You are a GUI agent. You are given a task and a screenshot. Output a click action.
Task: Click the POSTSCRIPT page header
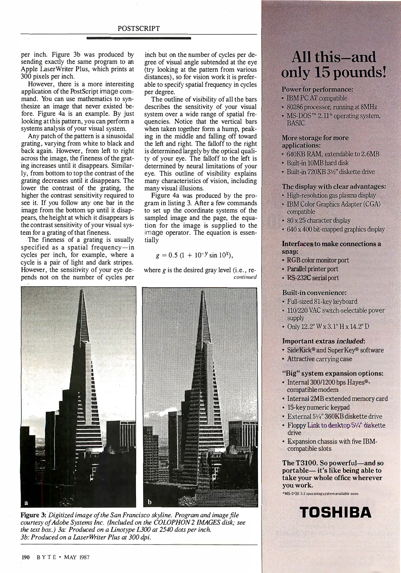pyautogui.click(x=139, y=29)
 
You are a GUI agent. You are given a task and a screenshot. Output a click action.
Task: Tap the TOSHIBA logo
pyautogui.click(x=336, y=512)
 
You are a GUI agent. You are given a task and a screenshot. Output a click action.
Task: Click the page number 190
pyautogui.click(x=25, y=557)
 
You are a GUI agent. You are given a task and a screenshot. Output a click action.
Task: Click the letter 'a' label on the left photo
pyautogui.click(x=26, y=502)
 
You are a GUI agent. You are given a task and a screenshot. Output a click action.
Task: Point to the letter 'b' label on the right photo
pyautogui.click(x=149, y=502)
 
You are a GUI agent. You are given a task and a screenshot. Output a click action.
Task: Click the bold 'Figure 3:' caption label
pyautogui.click(x=33, y=515)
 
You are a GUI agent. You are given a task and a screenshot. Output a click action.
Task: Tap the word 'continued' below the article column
pyautogui.click(x=245, y=277)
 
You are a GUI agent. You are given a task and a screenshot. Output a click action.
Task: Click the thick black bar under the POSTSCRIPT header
pyautogui.click(x=139, y=38)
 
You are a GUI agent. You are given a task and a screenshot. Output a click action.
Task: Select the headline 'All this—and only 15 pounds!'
pyautogui.click(x=333, y=64)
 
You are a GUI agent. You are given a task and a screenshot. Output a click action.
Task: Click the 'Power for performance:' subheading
pyautogui.click(x=317, y=89)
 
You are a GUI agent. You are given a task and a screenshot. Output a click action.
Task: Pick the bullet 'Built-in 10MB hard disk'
pyautogui.click(x=318, y=163)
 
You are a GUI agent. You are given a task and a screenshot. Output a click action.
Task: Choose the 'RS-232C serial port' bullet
pyautogui.click(x=313, y=278)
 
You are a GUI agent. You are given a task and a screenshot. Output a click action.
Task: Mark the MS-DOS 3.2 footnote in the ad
pyautogui.click(x=321, y=494)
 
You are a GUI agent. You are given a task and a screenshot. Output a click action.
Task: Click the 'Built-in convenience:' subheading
pyautogui.click(x=314, y=293)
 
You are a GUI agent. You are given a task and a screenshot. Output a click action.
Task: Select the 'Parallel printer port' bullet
pyautogui.click(x=312, y=269)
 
